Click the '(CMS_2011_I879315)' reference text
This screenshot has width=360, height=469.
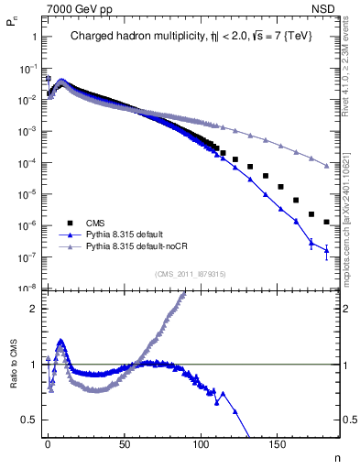[191, 272]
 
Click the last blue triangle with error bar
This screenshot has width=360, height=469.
[326, 250]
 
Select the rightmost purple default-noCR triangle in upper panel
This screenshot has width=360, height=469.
[326, 166]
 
